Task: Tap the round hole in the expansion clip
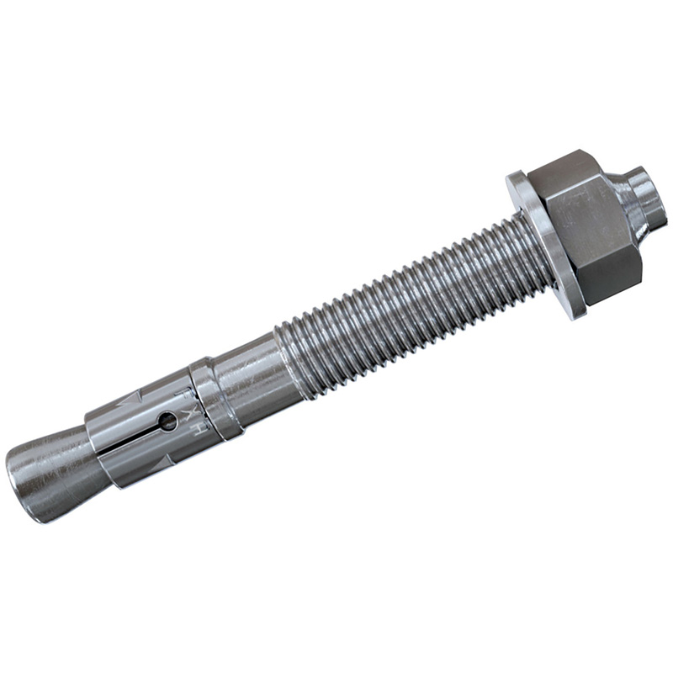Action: click(x=169, y=421)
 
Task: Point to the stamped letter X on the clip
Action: click(x=190, y=412)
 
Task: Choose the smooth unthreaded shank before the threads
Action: click(x=252, y=370)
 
